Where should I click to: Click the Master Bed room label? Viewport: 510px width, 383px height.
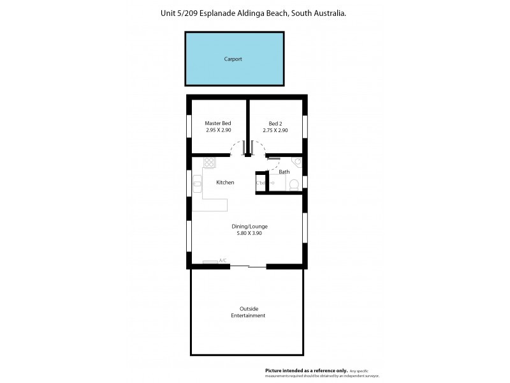point(218,123)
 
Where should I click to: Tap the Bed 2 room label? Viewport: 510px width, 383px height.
point(275,123)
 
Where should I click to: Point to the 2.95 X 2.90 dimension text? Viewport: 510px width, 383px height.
point(218,130)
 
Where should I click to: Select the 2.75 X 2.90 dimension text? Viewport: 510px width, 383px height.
point(275,130)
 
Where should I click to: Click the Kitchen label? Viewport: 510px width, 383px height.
point(225,183)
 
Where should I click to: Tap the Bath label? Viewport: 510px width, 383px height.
point(284,172)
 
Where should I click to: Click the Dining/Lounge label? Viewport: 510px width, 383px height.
point(249,226)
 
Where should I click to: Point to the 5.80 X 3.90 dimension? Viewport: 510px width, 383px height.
point(249,234)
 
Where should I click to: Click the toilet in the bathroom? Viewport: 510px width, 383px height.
point(294,185)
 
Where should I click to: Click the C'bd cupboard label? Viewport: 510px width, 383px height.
point(261,183)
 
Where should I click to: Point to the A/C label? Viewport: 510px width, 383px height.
point(223,260)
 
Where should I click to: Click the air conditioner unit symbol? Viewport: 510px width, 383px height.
point(210,262)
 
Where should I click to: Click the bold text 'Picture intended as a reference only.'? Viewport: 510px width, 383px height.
point(307,370)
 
